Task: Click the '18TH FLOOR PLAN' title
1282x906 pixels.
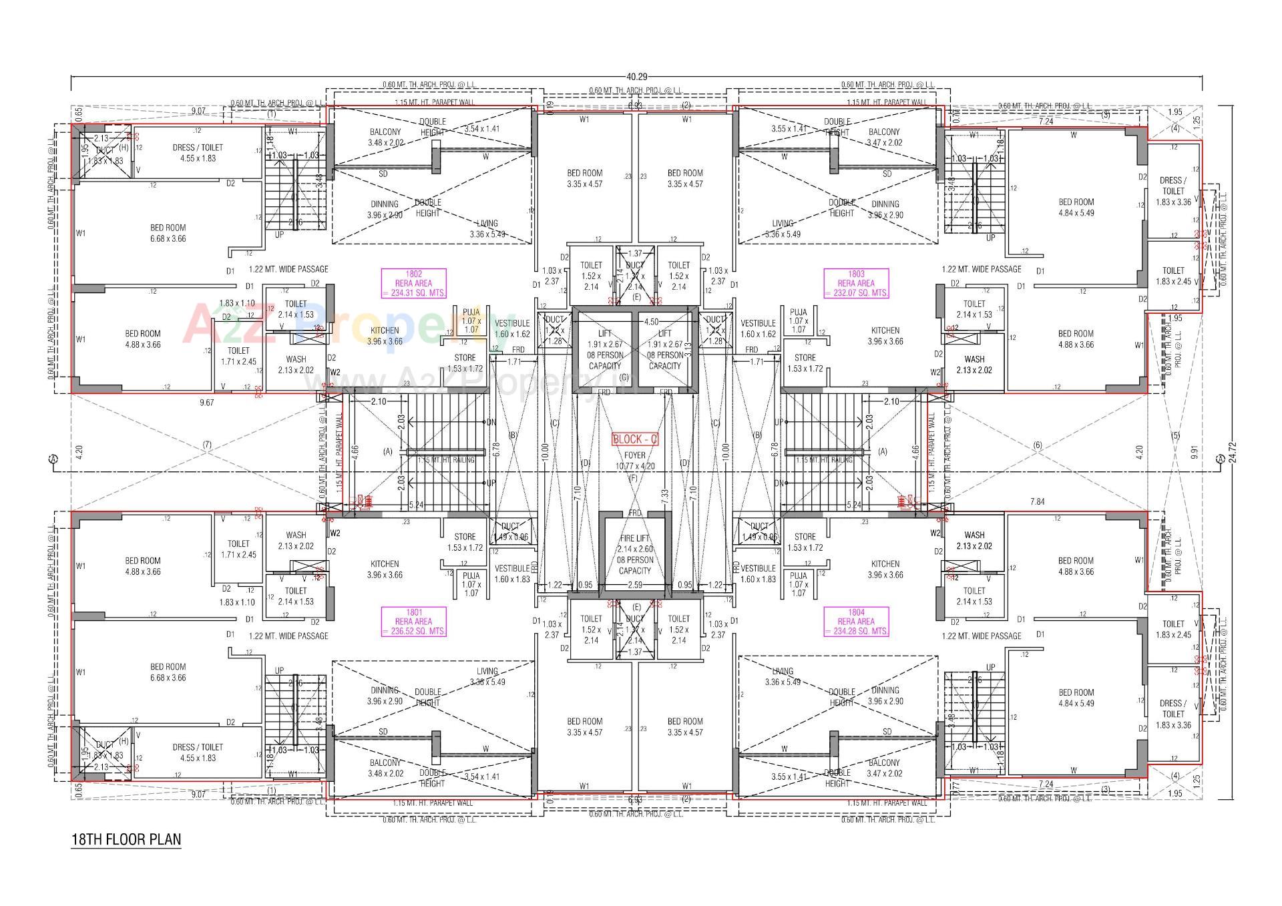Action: click(126, 839)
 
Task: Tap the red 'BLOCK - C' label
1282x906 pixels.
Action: click(634, 439)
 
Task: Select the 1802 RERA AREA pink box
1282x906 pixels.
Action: click(413, 283)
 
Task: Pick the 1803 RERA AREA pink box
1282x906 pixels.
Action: click(856, 283)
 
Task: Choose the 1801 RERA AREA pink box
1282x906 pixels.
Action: click(413, 622)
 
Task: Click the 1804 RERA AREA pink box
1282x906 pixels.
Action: click(856, 622)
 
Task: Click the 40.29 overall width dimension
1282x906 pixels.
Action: click(637, 77)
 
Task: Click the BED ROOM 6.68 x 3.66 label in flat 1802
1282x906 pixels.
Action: click(168, 233)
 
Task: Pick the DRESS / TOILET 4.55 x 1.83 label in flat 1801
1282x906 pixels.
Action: click(198, 752)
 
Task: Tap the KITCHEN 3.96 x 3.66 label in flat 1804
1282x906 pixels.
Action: click(885, 569)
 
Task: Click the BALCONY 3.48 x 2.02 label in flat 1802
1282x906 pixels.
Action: click(385, 137)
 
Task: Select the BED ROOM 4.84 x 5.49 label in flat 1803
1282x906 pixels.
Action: click(1076, 207)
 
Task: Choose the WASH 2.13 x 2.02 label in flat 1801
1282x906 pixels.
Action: click(296, 540)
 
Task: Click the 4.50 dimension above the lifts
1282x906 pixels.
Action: click(651, 322)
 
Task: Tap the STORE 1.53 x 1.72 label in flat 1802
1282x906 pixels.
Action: click(465, 363)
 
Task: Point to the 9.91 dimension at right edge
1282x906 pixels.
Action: click(1195, 451)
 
